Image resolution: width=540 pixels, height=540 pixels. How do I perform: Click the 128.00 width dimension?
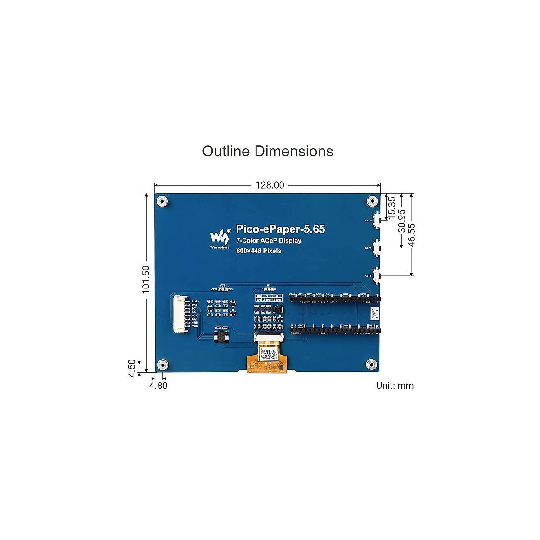(270, 185)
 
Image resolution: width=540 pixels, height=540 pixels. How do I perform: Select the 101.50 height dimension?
(146, 279)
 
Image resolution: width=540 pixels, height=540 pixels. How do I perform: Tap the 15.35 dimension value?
(392, 207)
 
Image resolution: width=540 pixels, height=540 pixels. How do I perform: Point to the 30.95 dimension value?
(402, 221)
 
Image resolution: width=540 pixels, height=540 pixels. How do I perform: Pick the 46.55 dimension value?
(412, 235)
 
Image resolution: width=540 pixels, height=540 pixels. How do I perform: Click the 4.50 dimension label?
(132, 368)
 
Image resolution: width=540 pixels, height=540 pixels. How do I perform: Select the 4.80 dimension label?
(158, 386)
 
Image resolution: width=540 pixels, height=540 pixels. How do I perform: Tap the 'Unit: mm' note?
(395, 386)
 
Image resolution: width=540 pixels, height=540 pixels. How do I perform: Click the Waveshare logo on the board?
(219, 237)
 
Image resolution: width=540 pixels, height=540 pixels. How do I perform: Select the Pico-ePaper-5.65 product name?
(280, 229)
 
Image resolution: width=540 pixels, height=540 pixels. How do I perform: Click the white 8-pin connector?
(181, 314)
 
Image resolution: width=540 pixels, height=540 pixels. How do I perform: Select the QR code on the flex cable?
(268, 354)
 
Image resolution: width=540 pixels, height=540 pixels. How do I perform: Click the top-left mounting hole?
(162, 201)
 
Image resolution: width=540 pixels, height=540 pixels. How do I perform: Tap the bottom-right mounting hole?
(371, 364)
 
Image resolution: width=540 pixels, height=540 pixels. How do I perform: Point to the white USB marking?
(373, 314)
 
